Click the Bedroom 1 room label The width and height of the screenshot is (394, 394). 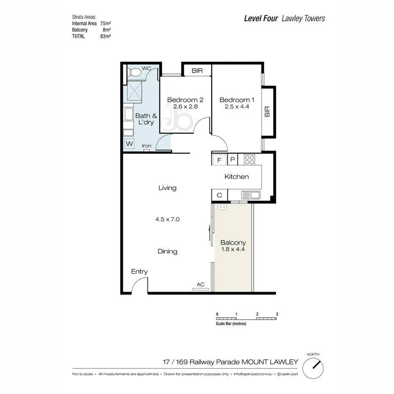pyautogui.click(x=237, y=100)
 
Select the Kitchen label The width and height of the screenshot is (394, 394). pyautogui.click(x=236, y=177)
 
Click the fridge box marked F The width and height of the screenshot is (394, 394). pyautogui.click(x=219, y=160)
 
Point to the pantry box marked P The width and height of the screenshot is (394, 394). pyautogui.click(x=233, y=160)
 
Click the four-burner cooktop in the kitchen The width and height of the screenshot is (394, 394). pyautogui.click(x=249, y=160)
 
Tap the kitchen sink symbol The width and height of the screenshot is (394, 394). pyautogui.click(x=251, y=195)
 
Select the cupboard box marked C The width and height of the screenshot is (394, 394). pyautogui.click(x=219, y=195)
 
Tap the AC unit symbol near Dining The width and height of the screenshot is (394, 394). pyautogui.click(x=201, y=290)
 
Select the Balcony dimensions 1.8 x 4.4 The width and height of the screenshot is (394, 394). pyautogui.click(x=233, y=249)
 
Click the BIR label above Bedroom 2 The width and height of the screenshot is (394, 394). pyautogui.click(x=197, y=71)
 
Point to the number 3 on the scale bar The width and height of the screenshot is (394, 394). pyautogui.click(x=276, y=314)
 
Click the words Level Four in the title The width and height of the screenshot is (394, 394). pyautogui.click(x=261, y=18)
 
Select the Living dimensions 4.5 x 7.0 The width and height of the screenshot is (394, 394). pyautogui.click(x=167, y=219)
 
